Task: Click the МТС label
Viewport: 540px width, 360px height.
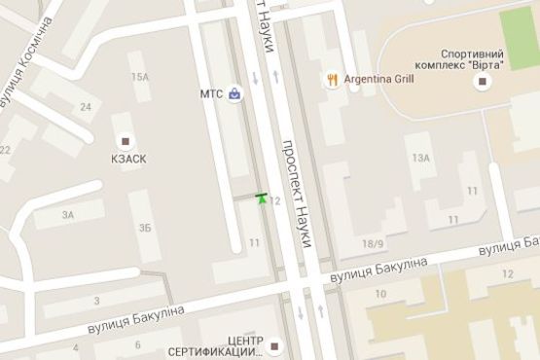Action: pos(211,94)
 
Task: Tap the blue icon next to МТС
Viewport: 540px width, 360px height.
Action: pos(234,94)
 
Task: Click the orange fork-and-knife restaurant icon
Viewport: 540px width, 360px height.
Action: pos(334,81)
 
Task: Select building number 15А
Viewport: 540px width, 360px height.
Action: pos(142,77)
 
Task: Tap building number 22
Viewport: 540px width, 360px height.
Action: pos(5,149)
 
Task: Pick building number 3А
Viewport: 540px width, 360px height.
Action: pos(68,215)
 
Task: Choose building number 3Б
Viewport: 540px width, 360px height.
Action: pos(145,228)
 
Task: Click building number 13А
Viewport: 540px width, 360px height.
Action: pos(420,158)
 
